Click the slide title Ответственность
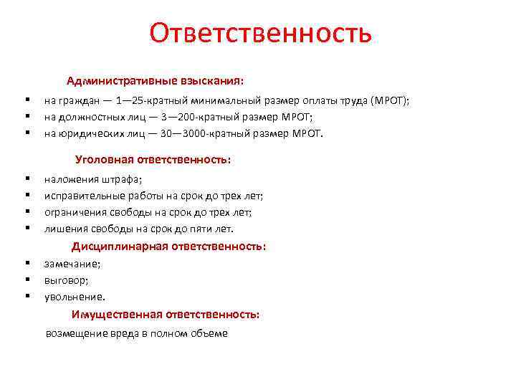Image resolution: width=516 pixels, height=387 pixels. point(261,32)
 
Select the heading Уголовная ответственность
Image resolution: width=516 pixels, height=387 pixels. point(153,160)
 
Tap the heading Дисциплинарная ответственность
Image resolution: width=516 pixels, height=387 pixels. point(168,246)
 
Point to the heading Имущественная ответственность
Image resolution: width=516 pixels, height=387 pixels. point(166,314)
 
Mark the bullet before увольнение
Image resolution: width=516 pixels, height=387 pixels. point(27,296)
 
